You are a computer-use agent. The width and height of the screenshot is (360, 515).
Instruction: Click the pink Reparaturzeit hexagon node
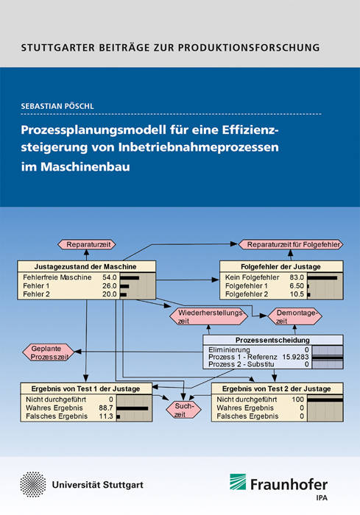tap(87, 244)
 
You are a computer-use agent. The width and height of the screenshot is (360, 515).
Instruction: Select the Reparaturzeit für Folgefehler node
tap(291, 244)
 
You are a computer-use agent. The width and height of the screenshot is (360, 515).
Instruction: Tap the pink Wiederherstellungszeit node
tap(208, 316)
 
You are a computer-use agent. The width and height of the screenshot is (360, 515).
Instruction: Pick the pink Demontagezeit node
tap(295, 316)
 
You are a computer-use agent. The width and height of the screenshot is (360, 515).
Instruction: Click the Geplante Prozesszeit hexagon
tap(49, 352)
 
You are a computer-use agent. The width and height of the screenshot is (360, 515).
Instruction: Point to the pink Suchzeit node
tap(183, 410)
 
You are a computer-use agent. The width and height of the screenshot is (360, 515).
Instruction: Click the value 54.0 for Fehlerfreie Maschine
tap(110, 277)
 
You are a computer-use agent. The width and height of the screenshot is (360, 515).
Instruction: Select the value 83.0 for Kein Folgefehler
tap(297, 277)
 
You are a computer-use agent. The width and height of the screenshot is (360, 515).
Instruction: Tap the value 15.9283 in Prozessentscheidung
tap(295, 357)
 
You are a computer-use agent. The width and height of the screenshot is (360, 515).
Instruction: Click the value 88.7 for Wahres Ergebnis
tap(106, 408)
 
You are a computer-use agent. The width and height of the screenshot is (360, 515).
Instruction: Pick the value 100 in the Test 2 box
tap(297, 399)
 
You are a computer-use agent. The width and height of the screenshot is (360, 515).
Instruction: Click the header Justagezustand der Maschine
tap(85, 266)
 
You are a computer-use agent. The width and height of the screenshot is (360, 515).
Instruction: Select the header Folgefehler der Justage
tap(280, 266)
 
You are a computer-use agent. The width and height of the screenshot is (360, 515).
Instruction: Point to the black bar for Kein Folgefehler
tap(322, 278)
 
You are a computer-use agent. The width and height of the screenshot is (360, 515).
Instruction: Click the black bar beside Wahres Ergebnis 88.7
tap(133, 408)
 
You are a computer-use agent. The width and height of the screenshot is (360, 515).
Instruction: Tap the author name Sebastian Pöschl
tap(57, 106)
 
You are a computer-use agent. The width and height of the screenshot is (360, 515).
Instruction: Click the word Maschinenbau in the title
tap(85, 166)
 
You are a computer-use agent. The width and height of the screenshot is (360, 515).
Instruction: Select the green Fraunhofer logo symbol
tap(238, 482)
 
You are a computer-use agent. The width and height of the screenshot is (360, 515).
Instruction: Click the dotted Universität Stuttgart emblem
tap(33, 485)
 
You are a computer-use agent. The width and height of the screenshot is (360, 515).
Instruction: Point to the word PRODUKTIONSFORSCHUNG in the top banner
tap(249, 48)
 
